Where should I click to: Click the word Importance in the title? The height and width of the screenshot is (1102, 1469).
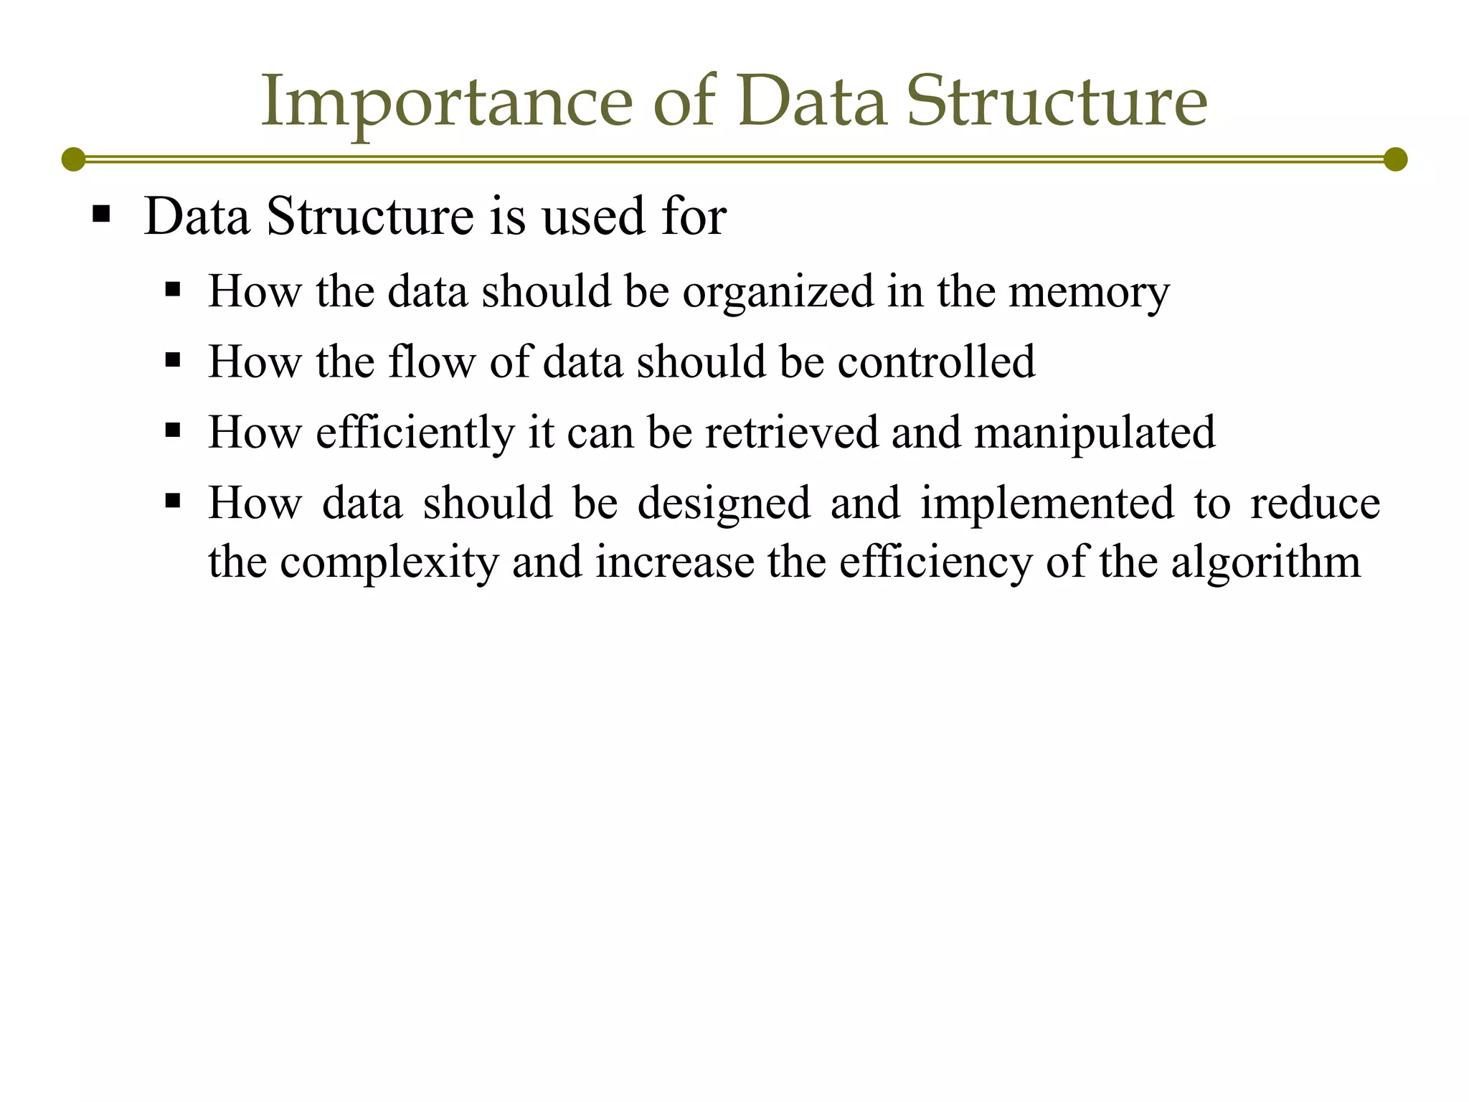click(446, 102)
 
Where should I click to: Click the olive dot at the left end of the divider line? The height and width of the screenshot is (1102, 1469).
click(73, 159)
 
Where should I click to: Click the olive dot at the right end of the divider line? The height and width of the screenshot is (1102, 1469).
click(1395, 159)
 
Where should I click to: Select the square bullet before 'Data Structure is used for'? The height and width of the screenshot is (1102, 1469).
click(101, 214)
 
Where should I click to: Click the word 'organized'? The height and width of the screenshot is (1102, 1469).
click(778, 293)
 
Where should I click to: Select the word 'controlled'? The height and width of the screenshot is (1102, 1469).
click(936, 361)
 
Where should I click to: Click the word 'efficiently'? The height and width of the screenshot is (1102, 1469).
click(415, 433)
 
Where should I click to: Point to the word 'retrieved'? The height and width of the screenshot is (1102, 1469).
click(792, 432)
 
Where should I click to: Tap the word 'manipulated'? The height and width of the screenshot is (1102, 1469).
click(1095, 433)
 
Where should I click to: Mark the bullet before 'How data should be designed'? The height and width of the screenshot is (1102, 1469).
click(172, 500)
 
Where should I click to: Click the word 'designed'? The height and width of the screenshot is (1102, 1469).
click(724, 503)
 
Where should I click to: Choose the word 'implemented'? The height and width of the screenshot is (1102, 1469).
click(1047, 503)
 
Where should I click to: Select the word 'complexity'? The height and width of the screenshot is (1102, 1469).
click(389, 562)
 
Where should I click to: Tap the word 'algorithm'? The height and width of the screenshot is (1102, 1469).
click(1265, 562)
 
